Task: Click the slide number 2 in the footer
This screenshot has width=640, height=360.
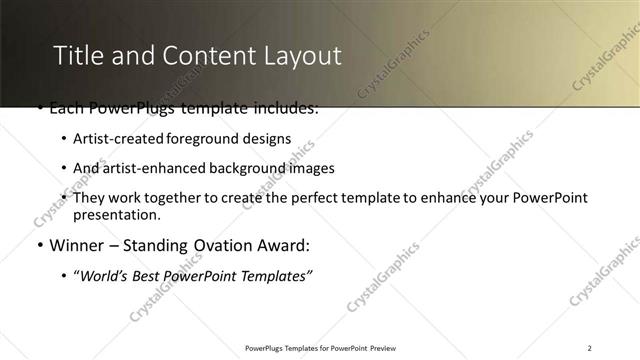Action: tap(590, 348)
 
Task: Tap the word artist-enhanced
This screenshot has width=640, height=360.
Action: tap(140, 168)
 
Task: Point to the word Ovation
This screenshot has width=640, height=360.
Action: tap(214, 245)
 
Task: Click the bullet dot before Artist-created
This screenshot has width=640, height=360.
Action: tap(64, 139)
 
